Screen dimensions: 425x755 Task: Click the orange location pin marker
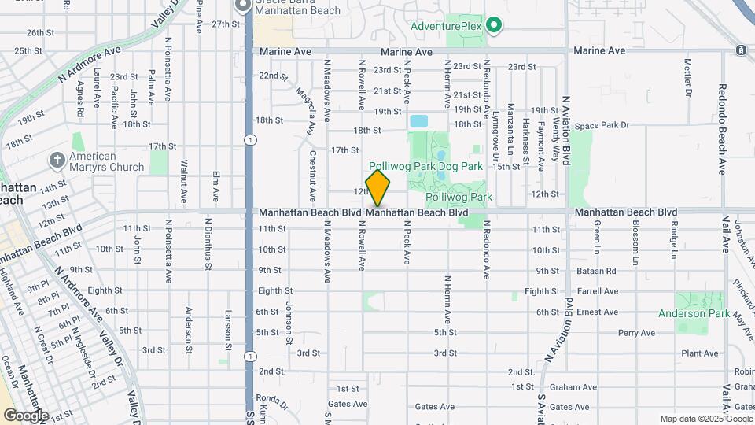pos(377,188)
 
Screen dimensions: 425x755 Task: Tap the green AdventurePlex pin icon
pos(493,26)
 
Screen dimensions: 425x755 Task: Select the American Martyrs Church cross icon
pos(57,161)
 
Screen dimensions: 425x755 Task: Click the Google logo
pos(26,415)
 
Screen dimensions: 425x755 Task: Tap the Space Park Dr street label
pos(602,125)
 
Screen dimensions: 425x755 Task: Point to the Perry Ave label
pos(636,333)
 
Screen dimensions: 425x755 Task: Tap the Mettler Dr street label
pos(687,77)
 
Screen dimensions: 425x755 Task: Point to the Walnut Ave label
pos(183,177)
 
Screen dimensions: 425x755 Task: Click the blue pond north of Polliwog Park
pos(418,122)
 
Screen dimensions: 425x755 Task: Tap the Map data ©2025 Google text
pos(705,419)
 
